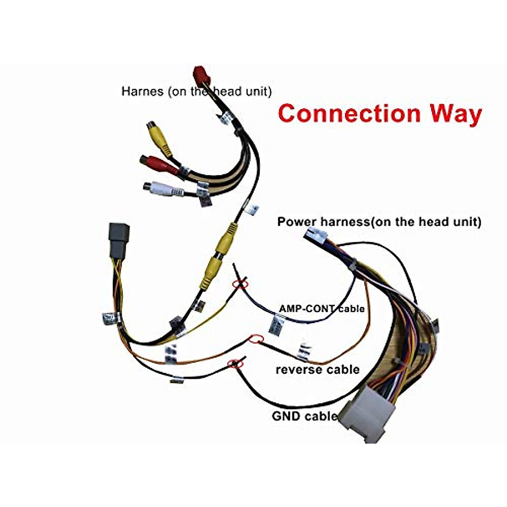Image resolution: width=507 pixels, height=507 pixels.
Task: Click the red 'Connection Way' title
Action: (x=380, y=113)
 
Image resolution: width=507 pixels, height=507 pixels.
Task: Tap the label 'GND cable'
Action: (x=304, y=416)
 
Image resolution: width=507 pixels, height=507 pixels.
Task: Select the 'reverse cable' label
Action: (x=318, y=369)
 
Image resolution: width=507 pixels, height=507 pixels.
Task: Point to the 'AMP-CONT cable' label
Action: (x=322, y=308)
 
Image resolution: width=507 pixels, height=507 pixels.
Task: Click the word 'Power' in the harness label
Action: (x=297, y=222)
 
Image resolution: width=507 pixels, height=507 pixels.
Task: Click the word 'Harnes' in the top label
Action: (x=142, y=91)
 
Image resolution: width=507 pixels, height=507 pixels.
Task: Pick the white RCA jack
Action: (x=163, y=188)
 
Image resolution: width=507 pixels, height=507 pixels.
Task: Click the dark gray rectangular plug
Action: (x=119, y=240)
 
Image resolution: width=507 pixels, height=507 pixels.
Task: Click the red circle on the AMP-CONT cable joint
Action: (x=240, y=284)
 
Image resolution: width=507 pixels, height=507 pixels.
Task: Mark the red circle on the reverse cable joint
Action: (x=256, y=339)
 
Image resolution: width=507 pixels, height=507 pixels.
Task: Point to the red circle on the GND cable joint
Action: (x=235, y=363)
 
